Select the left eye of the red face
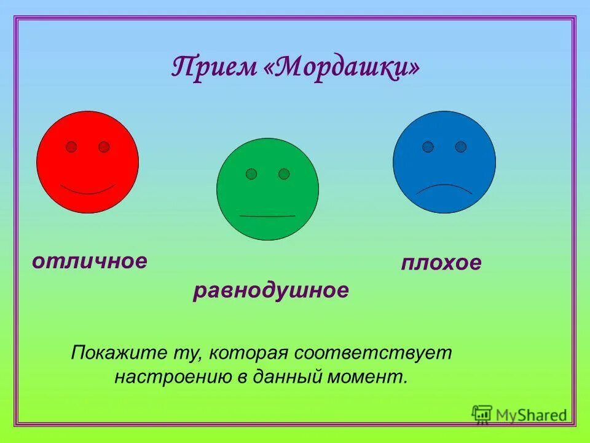[x=71, y=146]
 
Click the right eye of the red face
[x=104, y=146]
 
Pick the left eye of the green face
[x=251, y=174]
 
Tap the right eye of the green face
[x=284, y=174]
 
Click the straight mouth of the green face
[x=267, y=216]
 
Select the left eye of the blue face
[x=428, y=146]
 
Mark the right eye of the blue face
[x=461, y=146]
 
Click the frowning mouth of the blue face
[x=444, y=188]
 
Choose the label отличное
[x=90, y=261]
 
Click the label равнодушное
[x=271, y=290]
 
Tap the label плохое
[x=441, y=263]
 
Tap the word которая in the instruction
[x=248, y=353]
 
